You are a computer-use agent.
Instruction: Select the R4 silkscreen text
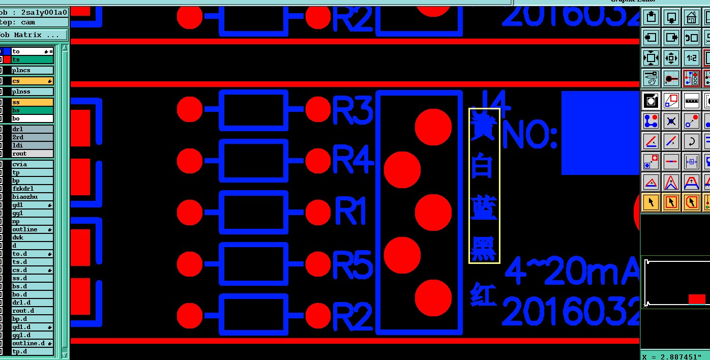(352, 161)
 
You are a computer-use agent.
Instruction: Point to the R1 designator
(351, 212)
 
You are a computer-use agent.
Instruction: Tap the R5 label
(352, 265)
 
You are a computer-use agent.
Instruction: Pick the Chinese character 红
(483, 294)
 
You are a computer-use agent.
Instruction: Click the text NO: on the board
(529, 136)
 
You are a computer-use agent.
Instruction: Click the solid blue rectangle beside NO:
(600, 132)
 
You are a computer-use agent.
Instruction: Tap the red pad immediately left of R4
(319, 161)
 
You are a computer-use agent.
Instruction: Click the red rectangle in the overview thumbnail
(697, 299)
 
